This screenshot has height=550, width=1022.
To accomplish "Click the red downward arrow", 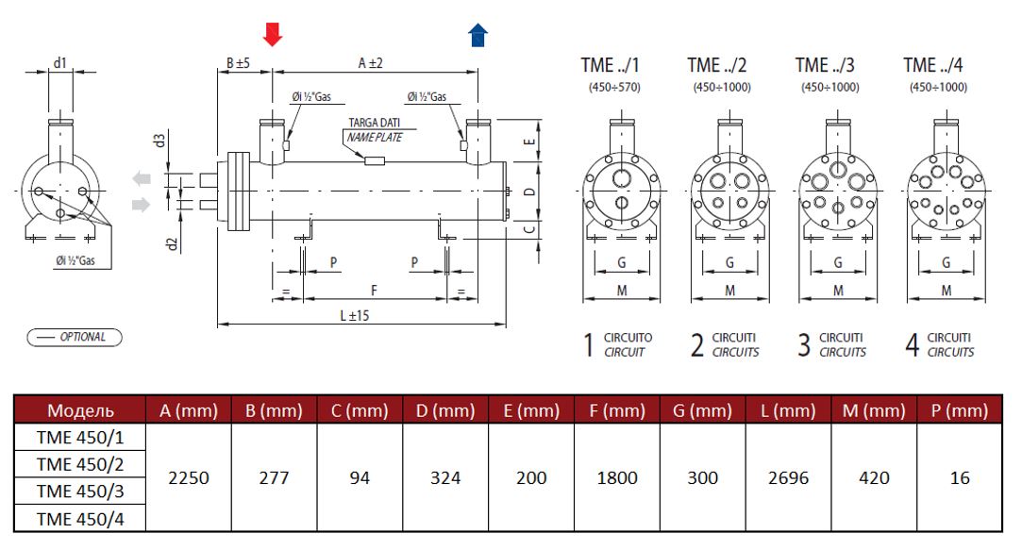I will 272,35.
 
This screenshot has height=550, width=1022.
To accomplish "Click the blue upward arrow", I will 478,35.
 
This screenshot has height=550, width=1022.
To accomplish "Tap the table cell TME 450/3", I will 80,491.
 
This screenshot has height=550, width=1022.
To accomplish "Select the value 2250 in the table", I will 189,477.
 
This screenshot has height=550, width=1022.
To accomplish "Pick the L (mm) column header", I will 788,410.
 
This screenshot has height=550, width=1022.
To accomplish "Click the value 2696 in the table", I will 788,477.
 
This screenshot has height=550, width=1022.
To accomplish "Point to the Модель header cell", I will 81,410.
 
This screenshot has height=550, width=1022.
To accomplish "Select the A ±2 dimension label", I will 370,63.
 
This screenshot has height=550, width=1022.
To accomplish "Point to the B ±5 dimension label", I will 237,63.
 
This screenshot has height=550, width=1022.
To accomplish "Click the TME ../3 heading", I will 825,65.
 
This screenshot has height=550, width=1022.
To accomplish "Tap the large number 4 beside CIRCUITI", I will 912,345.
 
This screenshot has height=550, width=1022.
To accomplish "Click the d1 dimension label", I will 59,62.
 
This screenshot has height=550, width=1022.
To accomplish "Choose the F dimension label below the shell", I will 374,289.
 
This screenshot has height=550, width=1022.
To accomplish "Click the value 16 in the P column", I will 960,477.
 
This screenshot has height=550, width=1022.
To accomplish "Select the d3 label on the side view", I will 160,141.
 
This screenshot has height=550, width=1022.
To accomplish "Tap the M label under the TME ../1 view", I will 622,291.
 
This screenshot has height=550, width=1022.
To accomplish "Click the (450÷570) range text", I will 613,88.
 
